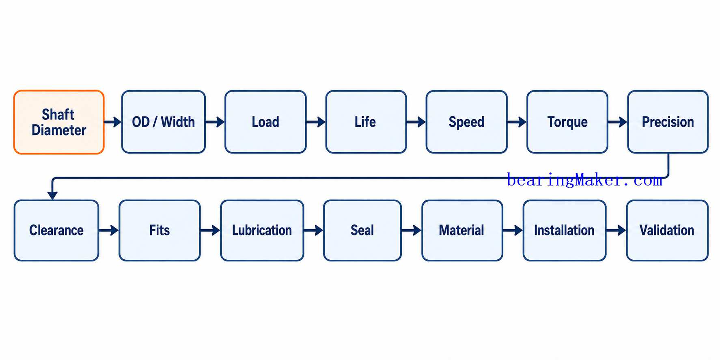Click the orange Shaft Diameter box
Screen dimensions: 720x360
(59, 122)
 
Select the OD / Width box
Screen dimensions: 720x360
(164, 122)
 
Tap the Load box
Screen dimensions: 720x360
(265, 122)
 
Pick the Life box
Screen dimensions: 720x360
(366, 122)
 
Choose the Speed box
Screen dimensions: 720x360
(466, 122)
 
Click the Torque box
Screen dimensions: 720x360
(567, 122)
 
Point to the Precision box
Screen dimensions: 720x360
(668, 122)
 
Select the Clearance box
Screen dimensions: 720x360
(56, 231)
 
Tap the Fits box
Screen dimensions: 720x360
(160, 231)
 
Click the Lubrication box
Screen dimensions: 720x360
(262, 231)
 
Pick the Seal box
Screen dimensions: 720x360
(362, 231)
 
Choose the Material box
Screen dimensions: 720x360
(462, 231)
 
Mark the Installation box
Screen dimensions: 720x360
(565, 231)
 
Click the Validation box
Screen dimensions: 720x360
(667, 231)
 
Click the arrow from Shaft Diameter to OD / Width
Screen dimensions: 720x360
(113, 122)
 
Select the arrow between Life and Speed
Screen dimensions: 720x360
(416, 122)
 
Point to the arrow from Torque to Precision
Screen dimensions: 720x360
(618, 122)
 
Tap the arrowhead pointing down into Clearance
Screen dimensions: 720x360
(52, 195)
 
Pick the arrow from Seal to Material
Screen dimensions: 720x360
(412, 231)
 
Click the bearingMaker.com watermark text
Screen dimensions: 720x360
(584, 180)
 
